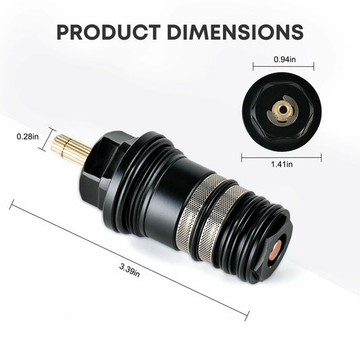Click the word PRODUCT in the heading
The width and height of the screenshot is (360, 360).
click(107, 31)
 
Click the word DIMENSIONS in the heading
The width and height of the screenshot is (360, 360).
click(232, 31)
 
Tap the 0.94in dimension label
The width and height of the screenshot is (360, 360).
click(284, 59)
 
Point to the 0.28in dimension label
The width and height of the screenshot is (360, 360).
click(28, 136)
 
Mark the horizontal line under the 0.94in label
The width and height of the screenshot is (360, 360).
click(284, 68)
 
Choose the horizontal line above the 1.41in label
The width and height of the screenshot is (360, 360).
click(282, 156)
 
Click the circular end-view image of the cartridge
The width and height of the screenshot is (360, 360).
click(282, 111)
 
